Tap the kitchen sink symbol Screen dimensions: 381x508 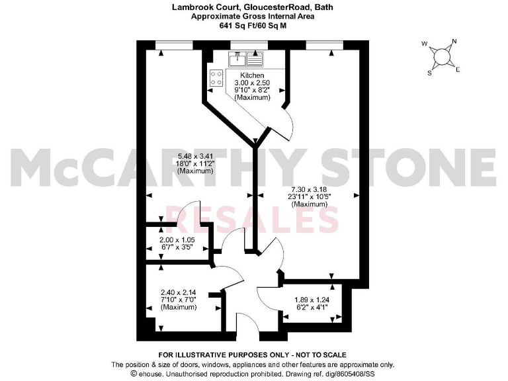246,58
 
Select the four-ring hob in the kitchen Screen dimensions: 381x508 216,78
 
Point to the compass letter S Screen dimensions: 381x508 430,72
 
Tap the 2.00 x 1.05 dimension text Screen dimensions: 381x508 177,241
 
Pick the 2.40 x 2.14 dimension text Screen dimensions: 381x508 179,290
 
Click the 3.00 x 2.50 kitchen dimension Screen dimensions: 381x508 252,83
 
